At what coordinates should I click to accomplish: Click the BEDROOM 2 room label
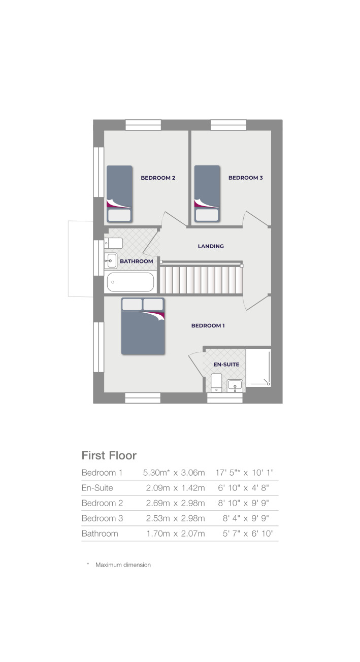tap(158, 178)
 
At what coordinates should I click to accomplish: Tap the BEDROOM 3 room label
tap(245, 178)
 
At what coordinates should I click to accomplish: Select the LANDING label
tap(211, 246)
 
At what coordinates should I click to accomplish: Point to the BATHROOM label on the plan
tap(136, 261)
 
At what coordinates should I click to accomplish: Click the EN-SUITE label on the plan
tap(226, 365)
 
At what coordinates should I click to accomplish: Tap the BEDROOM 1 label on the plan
tap(208, 325)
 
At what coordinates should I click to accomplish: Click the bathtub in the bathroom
tap(130, 282)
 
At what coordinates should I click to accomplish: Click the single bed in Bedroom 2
tap(119, 194)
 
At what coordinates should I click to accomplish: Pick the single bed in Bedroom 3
tap(207, 193)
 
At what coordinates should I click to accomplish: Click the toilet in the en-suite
tap(216, 382)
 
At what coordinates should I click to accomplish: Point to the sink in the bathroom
tap(111, 260)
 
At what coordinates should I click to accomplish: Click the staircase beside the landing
tap(200, 280)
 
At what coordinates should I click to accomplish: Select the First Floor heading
tap(109, 455)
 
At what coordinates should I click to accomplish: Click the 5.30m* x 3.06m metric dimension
tap(174, 473)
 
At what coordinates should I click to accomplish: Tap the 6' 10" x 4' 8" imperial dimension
tap(243, 488)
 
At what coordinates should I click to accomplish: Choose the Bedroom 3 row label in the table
tap(102, 518)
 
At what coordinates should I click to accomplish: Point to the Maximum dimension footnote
tap(122, 565)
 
